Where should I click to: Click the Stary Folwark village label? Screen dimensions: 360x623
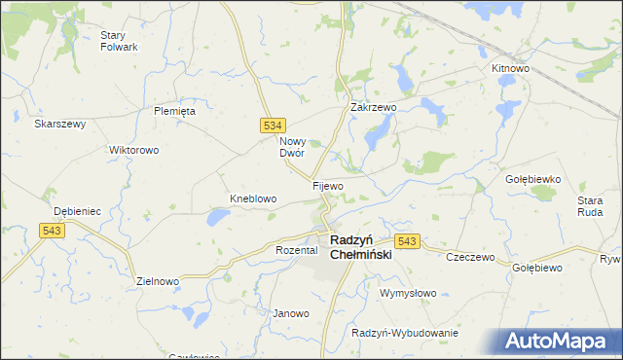(x=119, y=41)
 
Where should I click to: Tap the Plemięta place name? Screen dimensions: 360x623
(x=175, y=111)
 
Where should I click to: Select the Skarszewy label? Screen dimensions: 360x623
(x=60, y=124)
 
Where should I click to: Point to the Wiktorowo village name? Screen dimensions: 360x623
(x=134, y=151)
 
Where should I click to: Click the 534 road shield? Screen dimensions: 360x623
(x=274, y=126)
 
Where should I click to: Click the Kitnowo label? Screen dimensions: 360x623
(x=510, y=69)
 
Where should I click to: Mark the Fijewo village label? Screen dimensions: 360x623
(x=328, y=185)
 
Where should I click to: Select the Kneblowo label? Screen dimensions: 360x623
(x=253, y=198)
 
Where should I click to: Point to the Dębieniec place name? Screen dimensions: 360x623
(x=78, y=210)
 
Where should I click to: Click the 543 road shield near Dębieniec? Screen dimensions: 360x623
(x=53, y=230)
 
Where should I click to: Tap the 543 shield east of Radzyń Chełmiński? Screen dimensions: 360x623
(x=407, y=240)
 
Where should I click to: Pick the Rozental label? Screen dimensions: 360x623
(x=297, y=250)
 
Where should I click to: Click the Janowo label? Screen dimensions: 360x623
(x=290, y=313)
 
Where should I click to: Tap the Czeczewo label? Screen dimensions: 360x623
(x=470, y=258)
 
